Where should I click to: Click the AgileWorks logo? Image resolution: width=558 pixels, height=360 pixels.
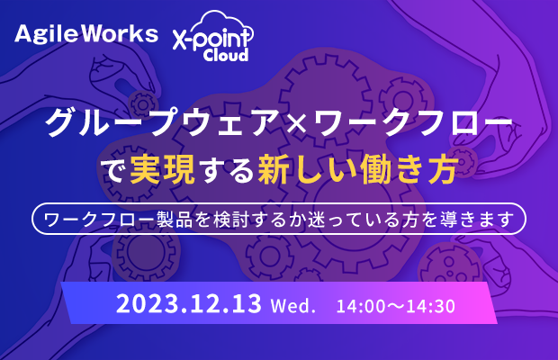86,34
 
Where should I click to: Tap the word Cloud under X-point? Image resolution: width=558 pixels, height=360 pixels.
226,55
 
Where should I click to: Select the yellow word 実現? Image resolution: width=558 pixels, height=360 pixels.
162,170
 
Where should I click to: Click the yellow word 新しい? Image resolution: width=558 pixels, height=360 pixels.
307,170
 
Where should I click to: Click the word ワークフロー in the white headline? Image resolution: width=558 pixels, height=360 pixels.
412,122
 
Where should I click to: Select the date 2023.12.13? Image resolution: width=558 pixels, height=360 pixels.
189,303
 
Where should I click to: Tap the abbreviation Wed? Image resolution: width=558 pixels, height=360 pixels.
293,306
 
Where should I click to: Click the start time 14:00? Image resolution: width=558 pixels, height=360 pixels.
361,306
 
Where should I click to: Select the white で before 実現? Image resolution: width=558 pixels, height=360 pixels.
114,171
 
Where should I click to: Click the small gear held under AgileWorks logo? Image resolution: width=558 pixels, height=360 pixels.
143,104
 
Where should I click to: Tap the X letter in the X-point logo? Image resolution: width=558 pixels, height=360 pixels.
180,40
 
